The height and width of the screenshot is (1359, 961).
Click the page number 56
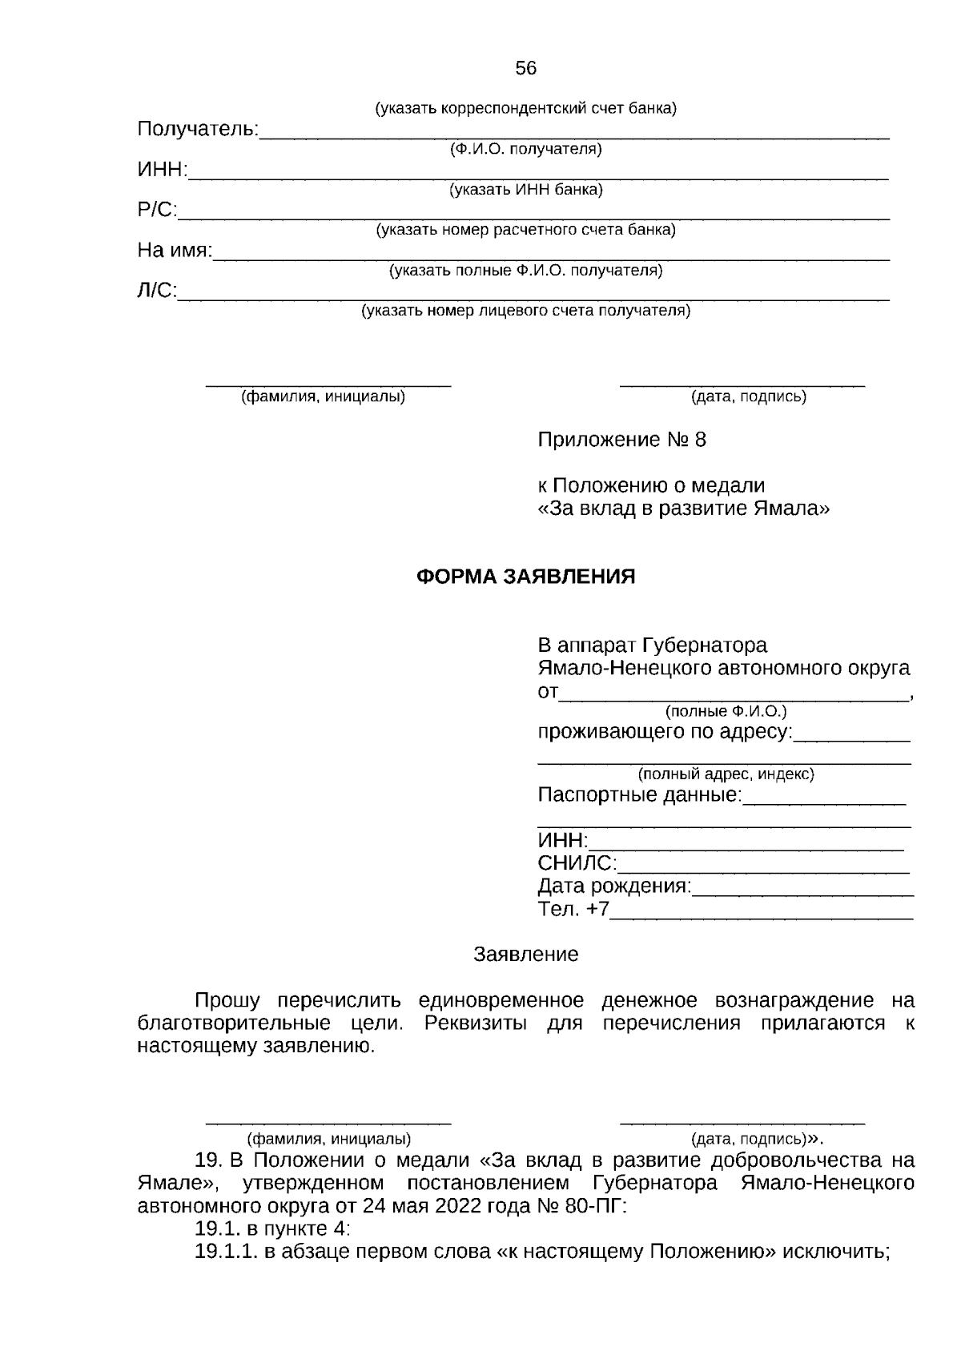pyautogui.click(x=525, y=69)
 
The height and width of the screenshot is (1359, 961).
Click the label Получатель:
pyautogui.click(x=198, y=129)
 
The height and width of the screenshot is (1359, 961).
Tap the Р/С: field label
pyautogui.click(x=157, y=210)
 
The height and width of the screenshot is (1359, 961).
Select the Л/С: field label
pyautogui.click(x=157, y=291)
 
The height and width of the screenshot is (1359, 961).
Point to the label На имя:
pyautogui.click(x=175, y=251)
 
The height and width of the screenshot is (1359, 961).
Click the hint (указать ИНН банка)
pyautogui.click(x=525, y=190)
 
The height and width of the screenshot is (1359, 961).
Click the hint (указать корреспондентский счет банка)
pyautogui.click(x=525, y=109)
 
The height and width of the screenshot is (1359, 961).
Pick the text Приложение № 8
pyautogui.click(x=622, y=440)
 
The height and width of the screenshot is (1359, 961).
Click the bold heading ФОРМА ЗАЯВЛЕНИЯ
pyautogui.click(x=525, y=577)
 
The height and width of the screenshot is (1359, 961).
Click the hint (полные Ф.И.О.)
pyautogui.click(x=726, y=711)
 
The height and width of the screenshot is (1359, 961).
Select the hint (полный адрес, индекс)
pyautogui.click(x=726, y=774)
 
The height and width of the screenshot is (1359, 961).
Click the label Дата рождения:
pyautogui.click(x=613, y=887)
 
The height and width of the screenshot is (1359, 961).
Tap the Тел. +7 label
pyautogui.click(x=573, y=910)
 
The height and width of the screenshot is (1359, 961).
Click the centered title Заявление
pyautogui.click(x=525, y=955)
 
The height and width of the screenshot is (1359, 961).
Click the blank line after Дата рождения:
pyautogui.click(x=802, y=889)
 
